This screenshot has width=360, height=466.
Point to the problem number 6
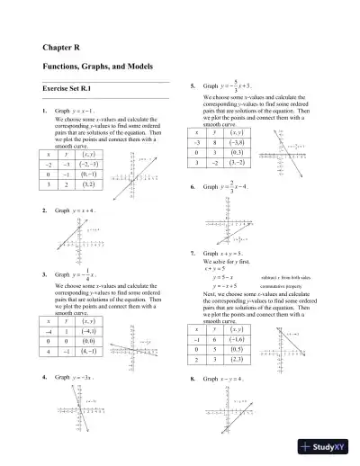[x=193, y=187]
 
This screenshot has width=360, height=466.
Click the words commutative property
[x=284, y=287]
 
